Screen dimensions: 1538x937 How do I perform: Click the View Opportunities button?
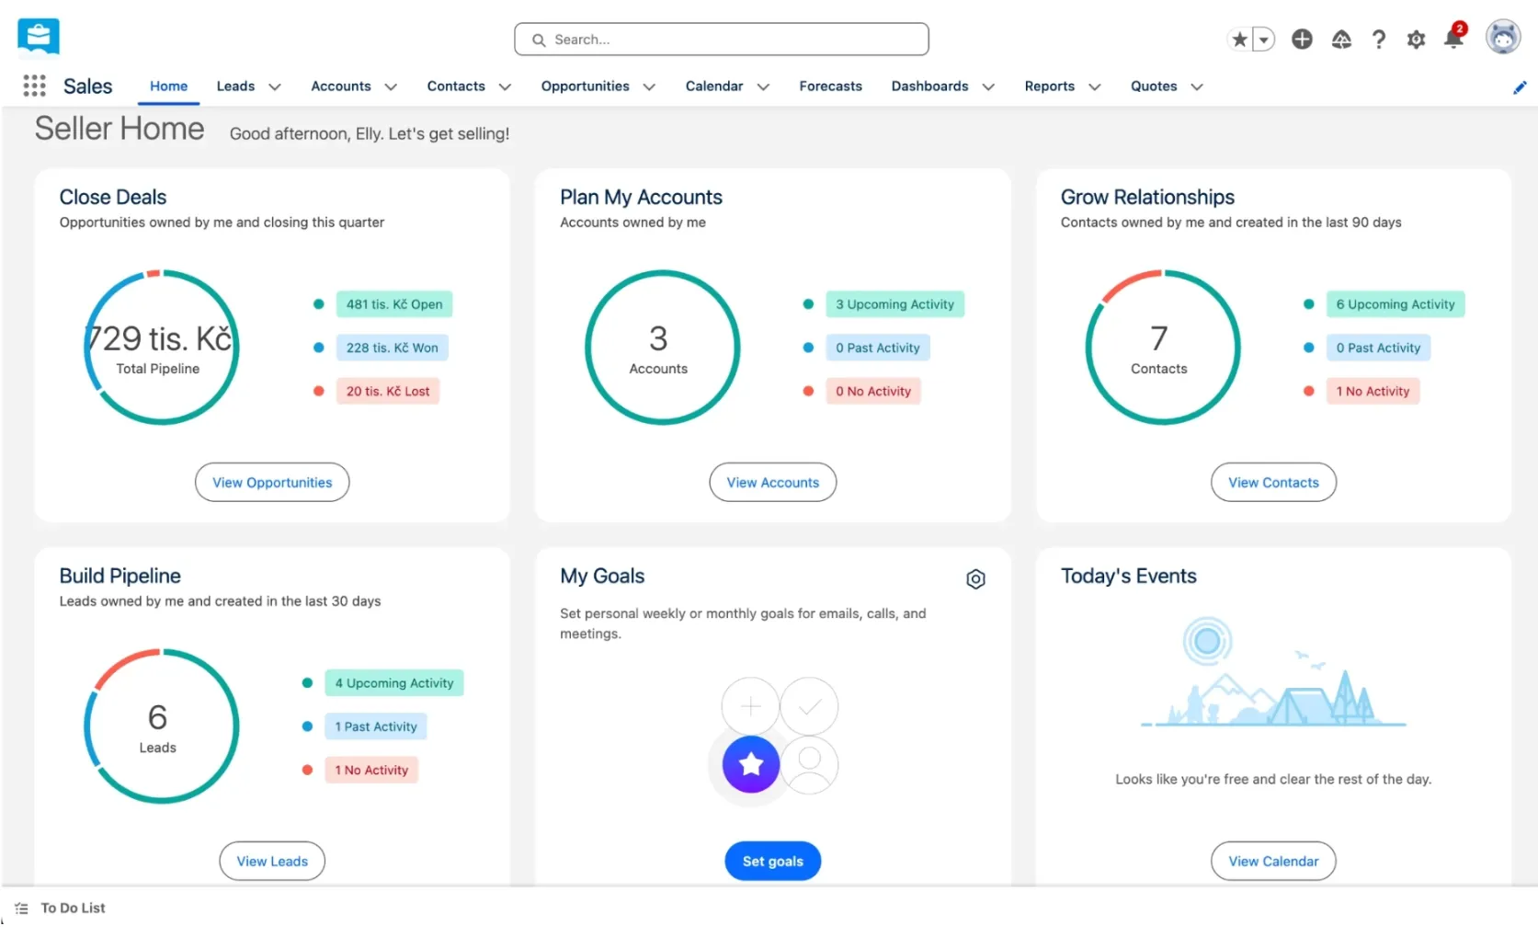pyautogui.click(x=272, y=482)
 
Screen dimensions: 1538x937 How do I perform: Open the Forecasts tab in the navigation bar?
pyautogui.click(x=830, y=86)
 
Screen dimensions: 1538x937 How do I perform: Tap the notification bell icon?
pyautogui.click(x=1453, y=39)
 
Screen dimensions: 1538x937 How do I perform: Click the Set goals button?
pyautogui.click(x=772, y=861)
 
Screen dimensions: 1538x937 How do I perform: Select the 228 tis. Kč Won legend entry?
pyautogui.click(x=392, y=348)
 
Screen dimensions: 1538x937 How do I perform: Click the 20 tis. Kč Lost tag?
pyautogui.click(x=387, y=391)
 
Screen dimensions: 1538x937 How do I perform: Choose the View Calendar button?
pyautogui.click(x=1273, y=861)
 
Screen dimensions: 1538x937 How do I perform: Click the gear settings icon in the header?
pyautogui.click(x=1415, y=40)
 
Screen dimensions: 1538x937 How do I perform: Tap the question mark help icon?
pyautogui.click(x=1378, y=40)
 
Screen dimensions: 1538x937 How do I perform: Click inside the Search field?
pyautogui.click(x=721, y=40)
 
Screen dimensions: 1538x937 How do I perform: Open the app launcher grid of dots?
pyautogui.click(x=34, y=86)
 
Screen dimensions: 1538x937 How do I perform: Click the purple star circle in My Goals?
pyautogui.click(x=750, y=764)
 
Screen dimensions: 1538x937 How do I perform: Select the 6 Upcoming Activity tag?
pyautogui.click(x=1396, y=304)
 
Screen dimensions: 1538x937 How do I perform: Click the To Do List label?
pyautogui.click(x=73, y=908)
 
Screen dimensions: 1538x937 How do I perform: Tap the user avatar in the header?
pyautogui.click(x=1503, y=37)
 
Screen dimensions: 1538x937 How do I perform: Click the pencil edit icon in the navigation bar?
pyautogui.click(x=1520, y=87)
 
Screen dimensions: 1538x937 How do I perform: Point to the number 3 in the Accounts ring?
pyautogui.click(x=658, y=338)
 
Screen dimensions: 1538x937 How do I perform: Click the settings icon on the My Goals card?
pyautogui.click(x=975, y=579)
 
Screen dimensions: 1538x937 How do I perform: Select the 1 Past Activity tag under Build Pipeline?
pyautogui.click(x=376, y=726)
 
